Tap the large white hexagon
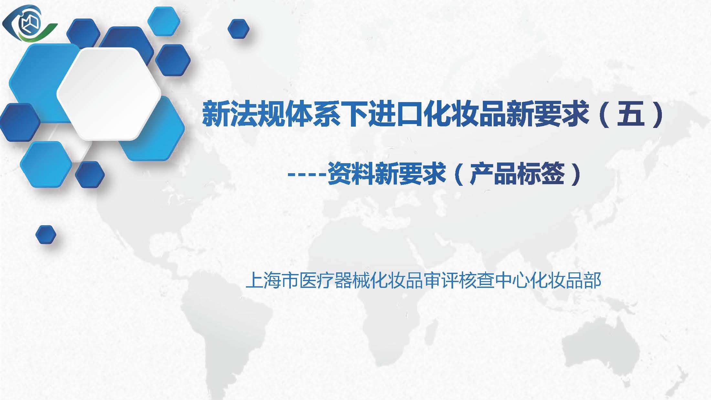[109, 94]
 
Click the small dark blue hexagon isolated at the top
[239, 29]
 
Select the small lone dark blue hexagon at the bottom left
[46, 235]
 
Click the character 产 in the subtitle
[481, 174]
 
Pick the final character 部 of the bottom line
[592, 280]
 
